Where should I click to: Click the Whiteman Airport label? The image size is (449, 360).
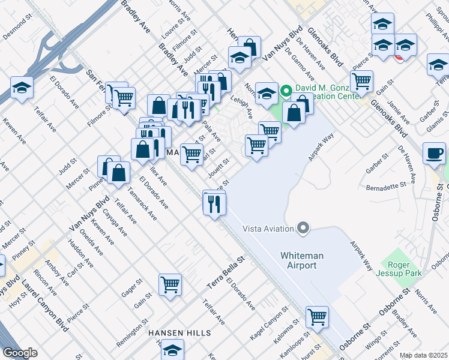point(302,260)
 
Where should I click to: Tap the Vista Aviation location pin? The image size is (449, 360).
point(303,228)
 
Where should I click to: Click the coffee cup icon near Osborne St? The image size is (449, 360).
point(434,153)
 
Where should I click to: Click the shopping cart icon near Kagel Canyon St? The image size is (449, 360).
point(316,316)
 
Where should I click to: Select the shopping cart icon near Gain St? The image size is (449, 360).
point(170,284)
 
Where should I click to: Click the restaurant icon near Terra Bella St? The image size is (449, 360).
point(214,203)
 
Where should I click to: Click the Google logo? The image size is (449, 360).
point(20,353)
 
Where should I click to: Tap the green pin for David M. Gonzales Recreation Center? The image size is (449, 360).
point(286,92)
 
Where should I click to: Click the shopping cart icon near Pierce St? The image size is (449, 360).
point(361,80)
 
